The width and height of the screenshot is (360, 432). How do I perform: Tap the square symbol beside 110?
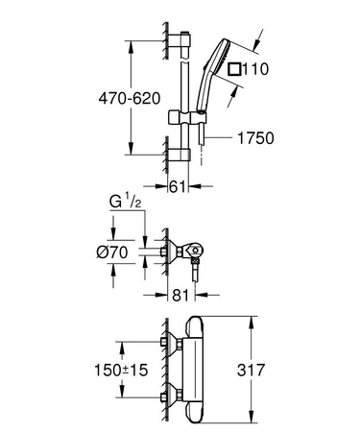(236, 69)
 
